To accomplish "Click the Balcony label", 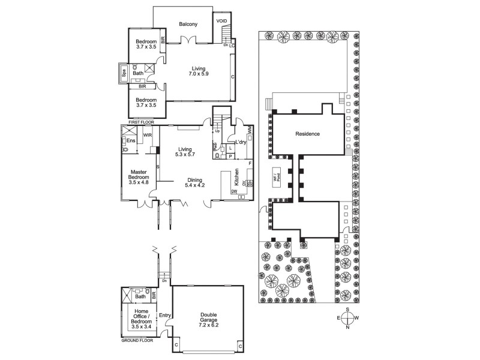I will pyautogui.click(x=188, y=24).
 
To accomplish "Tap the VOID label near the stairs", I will pyautogui.click(x=221, y=19).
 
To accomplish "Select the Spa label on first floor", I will pyautogui.click(x=124, y=73).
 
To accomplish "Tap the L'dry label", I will pyautogui.click(x=241, y=142).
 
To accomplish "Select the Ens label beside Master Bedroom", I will pyautogui.click(x=131, y=140).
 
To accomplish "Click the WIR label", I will pyautogui.click(x=147, y=136).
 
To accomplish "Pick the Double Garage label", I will pyautogui.click(x=209, y=319).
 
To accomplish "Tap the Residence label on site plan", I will pyautogui.click(x=307, y=134).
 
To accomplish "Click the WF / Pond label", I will pyautogui.click(x=277, y=177).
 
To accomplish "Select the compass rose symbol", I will pyautogui.click(x=347, y=318).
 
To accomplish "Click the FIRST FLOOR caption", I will pyautogui.click(x=137, y=122).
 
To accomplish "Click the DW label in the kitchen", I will pyautogui.click(x=233, y=191).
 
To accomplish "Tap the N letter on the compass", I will pyautogui.click(x=347, y=328).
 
